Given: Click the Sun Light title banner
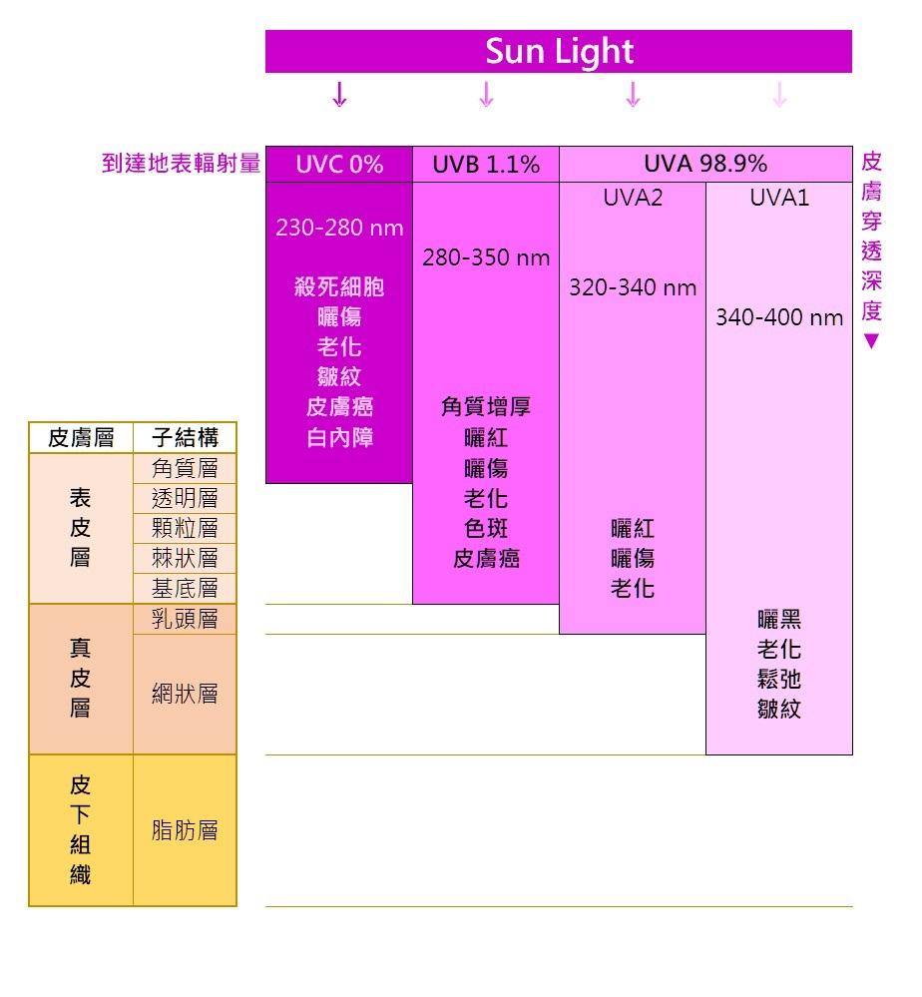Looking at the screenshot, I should tap(559, 51).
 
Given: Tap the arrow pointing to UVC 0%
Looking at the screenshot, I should tap(339, 95).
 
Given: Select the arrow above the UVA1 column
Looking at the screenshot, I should tap(779, 95).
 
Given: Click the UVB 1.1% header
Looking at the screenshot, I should tap(486, 165).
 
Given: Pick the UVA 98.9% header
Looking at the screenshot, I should tap(705, 165).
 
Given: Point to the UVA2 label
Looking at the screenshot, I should tap(633, 198).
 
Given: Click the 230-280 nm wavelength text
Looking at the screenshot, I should tap(339, 228).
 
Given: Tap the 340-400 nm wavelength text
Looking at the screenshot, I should tap(779, 318).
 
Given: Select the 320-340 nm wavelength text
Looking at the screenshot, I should tap(633, 288).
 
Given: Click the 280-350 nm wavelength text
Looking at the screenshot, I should tap(486, 258).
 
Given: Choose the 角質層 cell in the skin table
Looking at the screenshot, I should tap(185, 468).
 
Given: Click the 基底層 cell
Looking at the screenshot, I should tap(185, 588).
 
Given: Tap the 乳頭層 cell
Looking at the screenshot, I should tap(185, 619).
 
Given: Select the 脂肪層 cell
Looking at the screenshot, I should tap(185, 830).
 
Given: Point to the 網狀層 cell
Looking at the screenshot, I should tap(185, 695).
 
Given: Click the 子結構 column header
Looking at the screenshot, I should tap(185, 438).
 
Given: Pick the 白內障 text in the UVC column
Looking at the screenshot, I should tap(339, 438).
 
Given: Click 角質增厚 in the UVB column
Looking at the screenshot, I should tap(486, 407).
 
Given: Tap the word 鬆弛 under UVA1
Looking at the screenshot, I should tap(779, 680).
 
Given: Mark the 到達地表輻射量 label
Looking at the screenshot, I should tap(181, 164).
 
